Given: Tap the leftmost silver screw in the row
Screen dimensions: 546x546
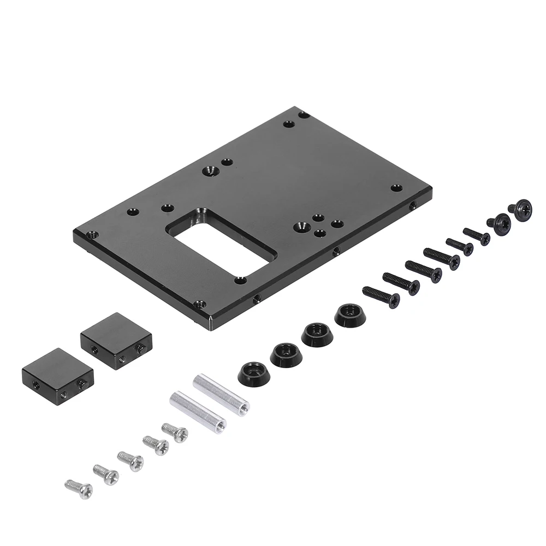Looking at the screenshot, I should pos(79,488).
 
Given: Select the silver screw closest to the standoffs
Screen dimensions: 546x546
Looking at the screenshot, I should pos(175,432).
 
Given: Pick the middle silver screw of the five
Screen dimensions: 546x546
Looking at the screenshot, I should pos(130,460).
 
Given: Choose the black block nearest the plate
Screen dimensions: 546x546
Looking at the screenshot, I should pos(116,341).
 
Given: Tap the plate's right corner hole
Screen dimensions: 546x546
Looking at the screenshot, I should pos(397,187).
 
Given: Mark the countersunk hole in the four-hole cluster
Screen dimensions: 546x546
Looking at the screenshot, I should pos(300,225).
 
